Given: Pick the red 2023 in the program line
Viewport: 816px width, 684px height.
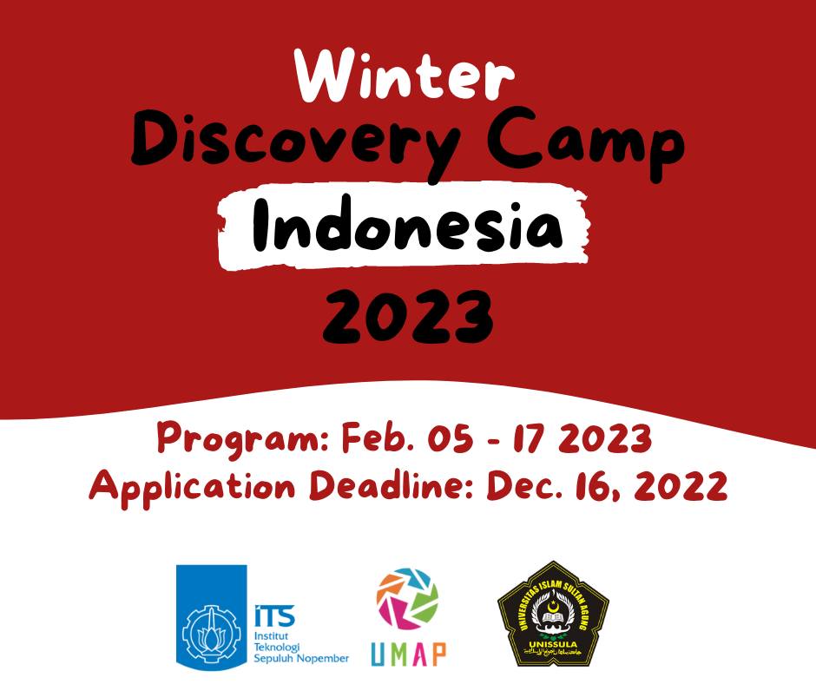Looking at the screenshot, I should [x=604, y=439].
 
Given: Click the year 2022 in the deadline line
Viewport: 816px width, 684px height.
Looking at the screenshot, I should [x=677, y=486].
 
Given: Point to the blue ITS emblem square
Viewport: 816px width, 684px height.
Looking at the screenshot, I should [x=211, y=616].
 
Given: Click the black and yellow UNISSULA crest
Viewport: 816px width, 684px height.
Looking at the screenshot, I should [x=553, y=613].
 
